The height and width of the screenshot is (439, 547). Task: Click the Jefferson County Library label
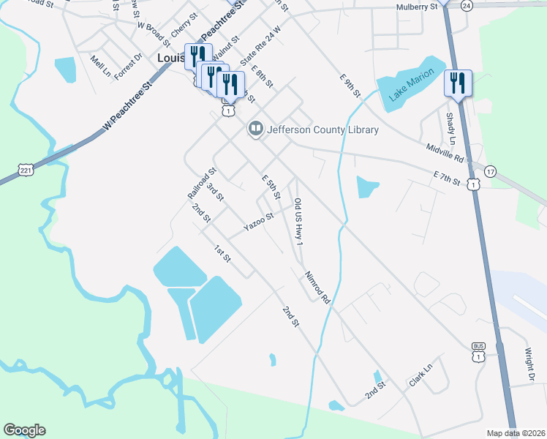coord(322,130)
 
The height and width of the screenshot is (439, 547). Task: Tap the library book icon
coord(255,130)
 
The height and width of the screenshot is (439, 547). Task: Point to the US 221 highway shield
coord(26,170)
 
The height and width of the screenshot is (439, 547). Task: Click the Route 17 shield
coord(490,170)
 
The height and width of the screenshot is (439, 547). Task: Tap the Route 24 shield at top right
coord(467,4)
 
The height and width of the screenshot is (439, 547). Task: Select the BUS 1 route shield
coord(479,353)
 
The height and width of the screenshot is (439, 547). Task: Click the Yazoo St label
coord(258,222)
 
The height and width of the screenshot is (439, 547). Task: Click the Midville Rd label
coord(445,153)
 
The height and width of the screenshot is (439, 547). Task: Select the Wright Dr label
coord(529,364)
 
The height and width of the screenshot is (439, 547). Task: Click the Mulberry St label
coord(416,7)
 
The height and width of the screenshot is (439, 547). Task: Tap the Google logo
coord(24,430)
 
